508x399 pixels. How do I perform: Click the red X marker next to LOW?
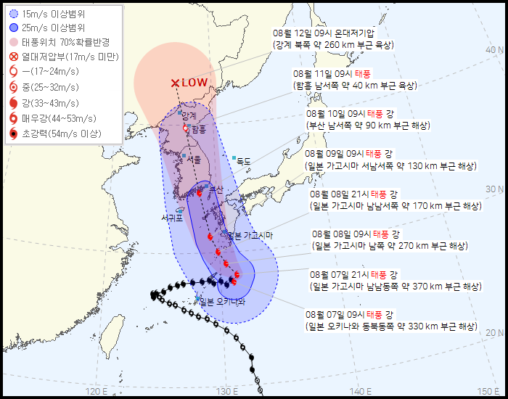[x=175, y=83]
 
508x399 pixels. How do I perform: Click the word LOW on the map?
[x=194, y=83]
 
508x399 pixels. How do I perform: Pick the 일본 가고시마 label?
[x=250, y=235]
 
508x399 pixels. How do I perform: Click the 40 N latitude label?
[x=495, y=49]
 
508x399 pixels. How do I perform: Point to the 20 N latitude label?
[x=495, y=332]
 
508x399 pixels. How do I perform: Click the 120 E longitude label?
[x=96, y=392]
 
